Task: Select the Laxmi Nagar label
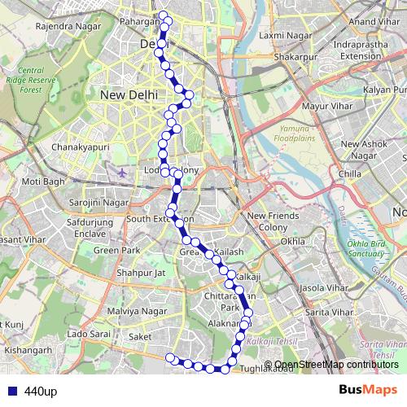tap(281, 36)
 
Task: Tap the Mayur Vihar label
tap(303, 106)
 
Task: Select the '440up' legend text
tap(41, 392)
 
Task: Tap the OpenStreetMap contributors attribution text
tap(336, 365)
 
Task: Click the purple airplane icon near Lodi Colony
tap(122, 173)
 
